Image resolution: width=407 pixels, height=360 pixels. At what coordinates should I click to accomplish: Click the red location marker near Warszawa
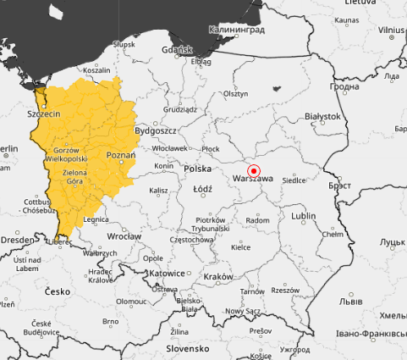coord(253,170)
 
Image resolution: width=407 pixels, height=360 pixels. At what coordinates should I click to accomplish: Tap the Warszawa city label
coord(252,180)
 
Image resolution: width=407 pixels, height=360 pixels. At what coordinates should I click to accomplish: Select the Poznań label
coord(121,156)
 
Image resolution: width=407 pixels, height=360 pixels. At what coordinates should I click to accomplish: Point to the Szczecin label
coord(43,114)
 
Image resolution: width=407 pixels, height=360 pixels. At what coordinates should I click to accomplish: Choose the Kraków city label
coord(218,277)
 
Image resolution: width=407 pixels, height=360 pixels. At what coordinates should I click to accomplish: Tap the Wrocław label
coord(124,236)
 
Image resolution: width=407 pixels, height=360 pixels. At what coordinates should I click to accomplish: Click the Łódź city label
coord(202,189)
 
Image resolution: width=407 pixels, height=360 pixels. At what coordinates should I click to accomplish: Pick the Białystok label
coord(322,116)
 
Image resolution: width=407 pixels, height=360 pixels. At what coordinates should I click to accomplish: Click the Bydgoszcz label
coord(155,131)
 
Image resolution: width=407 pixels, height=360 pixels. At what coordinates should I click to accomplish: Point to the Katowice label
coord(166,274)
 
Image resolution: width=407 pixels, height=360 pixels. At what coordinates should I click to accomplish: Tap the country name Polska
coord(197,169)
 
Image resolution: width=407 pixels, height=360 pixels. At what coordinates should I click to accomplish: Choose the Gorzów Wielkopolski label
coord(66,154)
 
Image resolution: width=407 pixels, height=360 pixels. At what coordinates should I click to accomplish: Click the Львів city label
coord(349,302)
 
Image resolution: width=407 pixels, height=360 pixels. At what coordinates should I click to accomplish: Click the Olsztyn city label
coord(236,94)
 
